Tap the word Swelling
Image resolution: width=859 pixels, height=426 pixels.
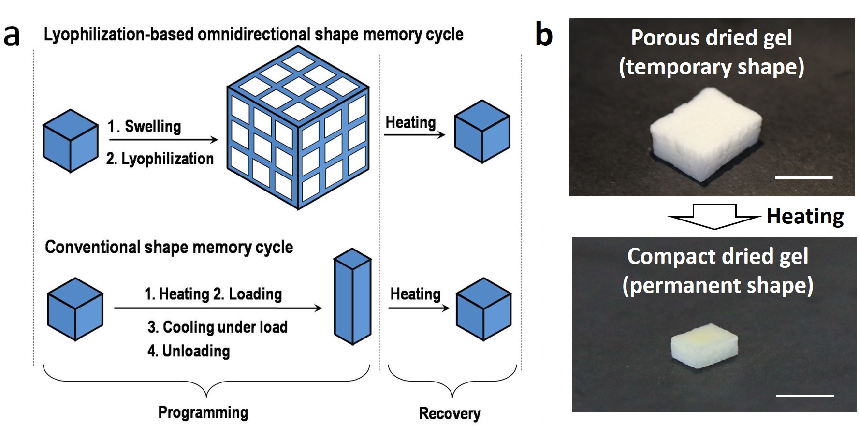click(x=153, y=127)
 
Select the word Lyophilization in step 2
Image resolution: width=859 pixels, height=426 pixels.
click(x=167, y=159)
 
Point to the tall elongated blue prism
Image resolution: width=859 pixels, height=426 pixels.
click(x=353, y=296)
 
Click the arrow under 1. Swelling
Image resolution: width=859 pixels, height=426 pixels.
click(x=163, y=140)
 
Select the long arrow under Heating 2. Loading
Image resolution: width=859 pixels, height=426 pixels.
click(x=218, y=308)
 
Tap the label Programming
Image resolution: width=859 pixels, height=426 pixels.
click(x=203, y=412)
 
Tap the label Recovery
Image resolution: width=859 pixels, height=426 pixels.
click(x=450, y=414)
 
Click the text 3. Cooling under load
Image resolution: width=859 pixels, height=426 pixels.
click(x=218, y=327)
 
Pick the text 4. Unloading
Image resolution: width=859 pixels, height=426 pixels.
click(x=189, y=351)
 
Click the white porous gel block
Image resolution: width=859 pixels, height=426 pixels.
click(x=706, y=133)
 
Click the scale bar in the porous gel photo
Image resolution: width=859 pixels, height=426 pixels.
click(x=803, y=178)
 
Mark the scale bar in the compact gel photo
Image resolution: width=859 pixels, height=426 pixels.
click(x=804, y=396)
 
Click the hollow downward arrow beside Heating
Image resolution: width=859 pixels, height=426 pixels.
click(x=714, y=216)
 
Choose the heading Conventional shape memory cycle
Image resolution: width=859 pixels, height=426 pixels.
click(x=169, y=247)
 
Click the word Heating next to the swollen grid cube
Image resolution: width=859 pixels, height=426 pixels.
click(x=410, y=122)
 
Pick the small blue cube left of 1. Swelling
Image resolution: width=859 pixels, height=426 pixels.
click(x=71, y=141)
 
